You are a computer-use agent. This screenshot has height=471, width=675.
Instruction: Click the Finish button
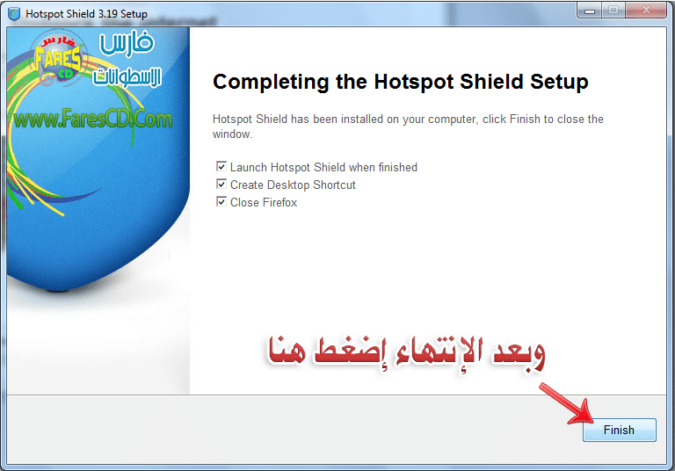619,430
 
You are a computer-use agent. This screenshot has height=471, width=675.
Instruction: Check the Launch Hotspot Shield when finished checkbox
221,167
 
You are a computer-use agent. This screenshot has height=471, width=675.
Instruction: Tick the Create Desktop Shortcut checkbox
221,185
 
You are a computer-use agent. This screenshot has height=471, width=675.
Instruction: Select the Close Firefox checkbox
221,202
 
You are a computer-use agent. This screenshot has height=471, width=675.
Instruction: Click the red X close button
646,10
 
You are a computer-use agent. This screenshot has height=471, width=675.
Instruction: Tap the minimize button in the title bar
590,10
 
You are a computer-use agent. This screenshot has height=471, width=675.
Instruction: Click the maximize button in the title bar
613,10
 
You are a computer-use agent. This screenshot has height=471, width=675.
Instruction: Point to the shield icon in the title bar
14,14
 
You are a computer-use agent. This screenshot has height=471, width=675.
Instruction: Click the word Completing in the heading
271,83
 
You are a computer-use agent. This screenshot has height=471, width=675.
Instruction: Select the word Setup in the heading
559,83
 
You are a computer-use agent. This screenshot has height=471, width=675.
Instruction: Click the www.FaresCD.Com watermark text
93,119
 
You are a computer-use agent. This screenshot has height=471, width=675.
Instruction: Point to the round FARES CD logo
59,58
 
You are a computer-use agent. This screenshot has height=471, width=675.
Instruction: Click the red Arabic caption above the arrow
407,354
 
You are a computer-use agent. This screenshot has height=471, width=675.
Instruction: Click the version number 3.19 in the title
107,14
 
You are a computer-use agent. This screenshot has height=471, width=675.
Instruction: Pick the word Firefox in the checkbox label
279,202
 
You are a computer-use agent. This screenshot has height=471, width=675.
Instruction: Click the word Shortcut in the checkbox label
335,185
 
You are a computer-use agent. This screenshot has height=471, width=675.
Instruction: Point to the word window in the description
232,134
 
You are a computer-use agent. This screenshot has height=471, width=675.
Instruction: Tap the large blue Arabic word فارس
127,43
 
